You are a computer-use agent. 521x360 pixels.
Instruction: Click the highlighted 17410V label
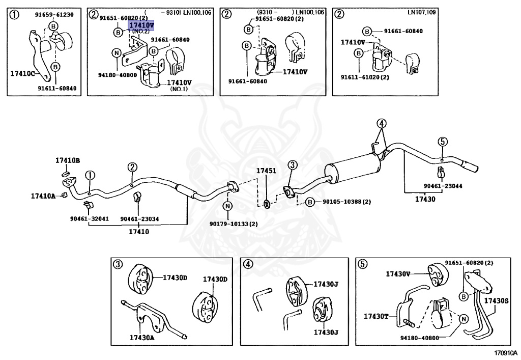click(141, 24)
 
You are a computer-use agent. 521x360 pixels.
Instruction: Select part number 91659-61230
click(54, 14)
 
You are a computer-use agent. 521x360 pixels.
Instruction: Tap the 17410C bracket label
click(22, 73)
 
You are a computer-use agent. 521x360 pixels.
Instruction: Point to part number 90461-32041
click(89, 219)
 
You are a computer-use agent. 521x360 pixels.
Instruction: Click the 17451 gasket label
click(266, 171)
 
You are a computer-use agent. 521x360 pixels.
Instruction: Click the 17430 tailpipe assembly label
click(425, 199)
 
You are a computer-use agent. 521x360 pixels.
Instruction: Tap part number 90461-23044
click(443, 186)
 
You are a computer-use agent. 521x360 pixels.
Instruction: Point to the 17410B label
click(68, 160)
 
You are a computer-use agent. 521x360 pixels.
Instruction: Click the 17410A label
click(43, 195)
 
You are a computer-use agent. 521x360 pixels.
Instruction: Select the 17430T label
click(376, 316)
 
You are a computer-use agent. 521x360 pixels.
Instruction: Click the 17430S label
click(496, 300)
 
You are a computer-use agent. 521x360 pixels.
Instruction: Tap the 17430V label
click(398, 274)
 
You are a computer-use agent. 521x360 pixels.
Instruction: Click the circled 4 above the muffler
click(382, 123)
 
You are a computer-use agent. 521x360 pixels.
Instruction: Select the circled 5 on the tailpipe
click(443, 142)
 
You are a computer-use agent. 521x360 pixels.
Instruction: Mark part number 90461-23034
click(140, 219)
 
